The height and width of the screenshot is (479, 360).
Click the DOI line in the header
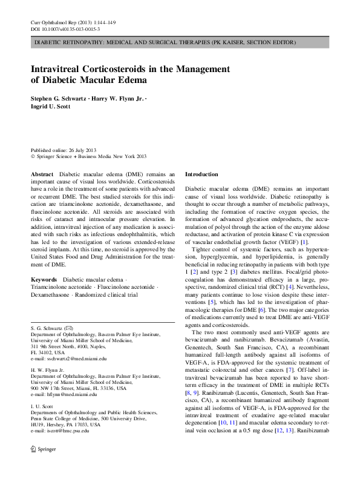[65, 29]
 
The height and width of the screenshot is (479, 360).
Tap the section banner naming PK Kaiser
[165, 43]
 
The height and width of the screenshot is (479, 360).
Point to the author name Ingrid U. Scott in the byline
[49, 106]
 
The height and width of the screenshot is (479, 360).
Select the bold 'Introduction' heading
[201, 174]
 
